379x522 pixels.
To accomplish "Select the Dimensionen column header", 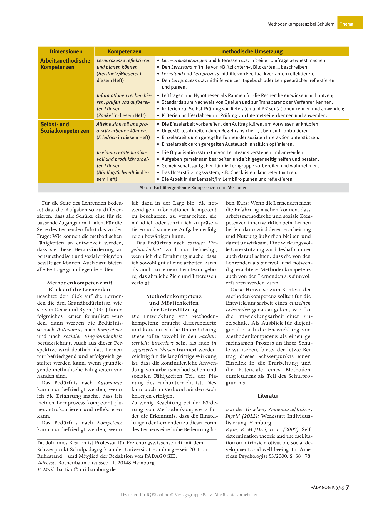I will [66, 51].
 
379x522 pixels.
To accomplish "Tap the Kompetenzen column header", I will [124, 51].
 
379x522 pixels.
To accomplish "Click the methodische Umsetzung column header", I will [252, 51].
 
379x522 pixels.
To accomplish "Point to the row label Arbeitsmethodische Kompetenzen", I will [65, 64].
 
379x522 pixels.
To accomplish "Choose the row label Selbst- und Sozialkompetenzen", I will [65, 128].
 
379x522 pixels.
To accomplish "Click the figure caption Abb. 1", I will [193, 188].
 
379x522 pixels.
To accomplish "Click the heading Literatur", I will [268, 396].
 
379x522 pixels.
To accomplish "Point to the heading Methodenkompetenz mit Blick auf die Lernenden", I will [80, 286].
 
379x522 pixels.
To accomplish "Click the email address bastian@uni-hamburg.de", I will [86, 470].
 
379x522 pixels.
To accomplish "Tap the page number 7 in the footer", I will [347, 488].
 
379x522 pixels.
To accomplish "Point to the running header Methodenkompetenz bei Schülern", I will [301, 24].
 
